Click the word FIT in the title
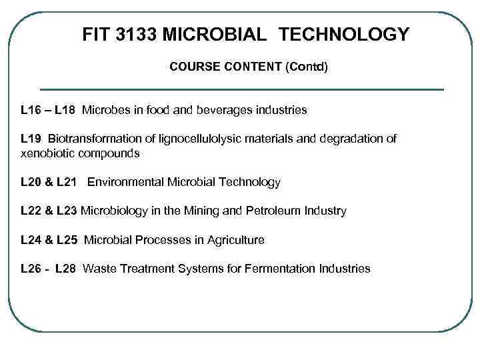[x=96, y=34]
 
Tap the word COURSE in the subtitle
[x=192, y=67]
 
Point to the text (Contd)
[x=306, y=67]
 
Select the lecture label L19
[x=31, y=139]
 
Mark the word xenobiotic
[x=47, y=153]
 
